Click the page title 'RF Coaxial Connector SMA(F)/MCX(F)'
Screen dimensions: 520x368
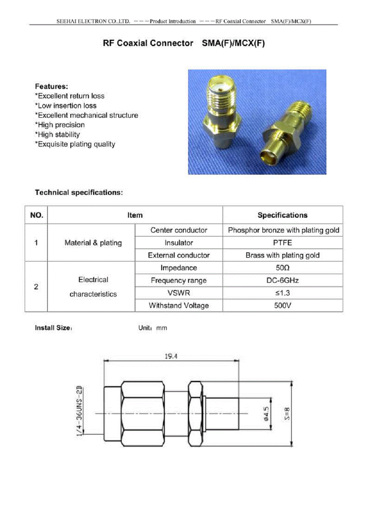point(184,43)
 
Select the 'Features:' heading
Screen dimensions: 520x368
point(52,86)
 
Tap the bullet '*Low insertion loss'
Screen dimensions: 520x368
point(66,106)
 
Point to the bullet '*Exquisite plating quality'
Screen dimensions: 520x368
point(75,144)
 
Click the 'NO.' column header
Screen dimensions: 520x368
point(36,215)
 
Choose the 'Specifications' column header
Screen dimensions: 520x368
point(282,215)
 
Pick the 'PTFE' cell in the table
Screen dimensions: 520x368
point(282,243)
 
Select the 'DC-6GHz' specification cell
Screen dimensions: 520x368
point(282,280)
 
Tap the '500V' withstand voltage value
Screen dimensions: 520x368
point(282,305)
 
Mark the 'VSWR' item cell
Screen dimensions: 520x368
point(178,293)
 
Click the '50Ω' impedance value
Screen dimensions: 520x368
point(282,268)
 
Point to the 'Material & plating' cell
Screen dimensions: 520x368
point(93,243)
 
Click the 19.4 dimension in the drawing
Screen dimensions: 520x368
point(171,356)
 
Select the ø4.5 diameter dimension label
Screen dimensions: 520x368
point(266,413)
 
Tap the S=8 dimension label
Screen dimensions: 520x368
point(287,413)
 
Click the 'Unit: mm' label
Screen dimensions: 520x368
point(152,328)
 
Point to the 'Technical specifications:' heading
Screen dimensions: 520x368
point(79,192)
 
